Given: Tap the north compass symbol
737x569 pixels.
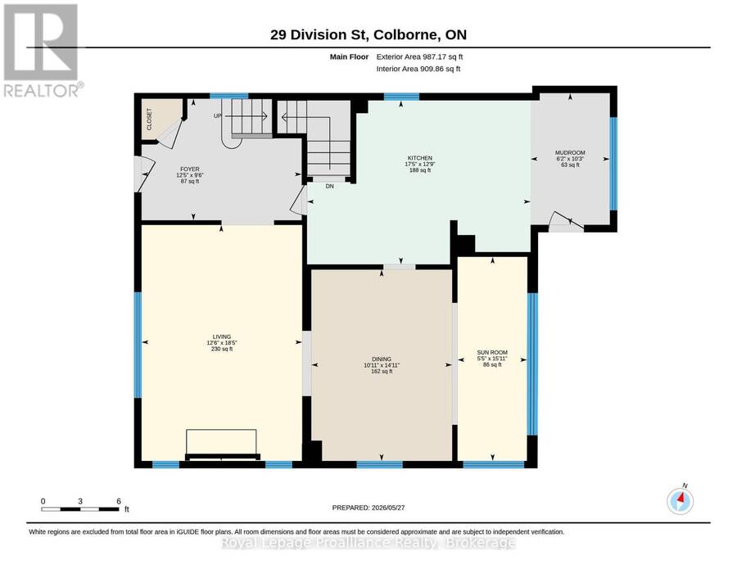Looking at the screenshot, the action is (x=680, y=501).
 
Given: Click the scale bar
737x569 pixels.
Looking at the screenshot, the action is (x=80, y=509).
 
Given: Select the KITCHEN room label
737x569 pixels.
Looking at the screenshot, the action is (x=420, y=158).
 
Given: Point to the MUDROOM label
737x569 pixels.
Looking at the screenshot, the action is (x=570, y=153).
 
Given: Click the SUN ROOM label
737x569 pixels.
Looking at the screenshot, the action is (x=492, y=352).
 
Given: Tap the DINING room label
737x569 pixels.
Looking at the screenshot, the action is (x=381, y=359).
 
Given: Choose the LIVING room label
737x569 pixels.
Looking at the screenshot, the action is (x=222, y=336).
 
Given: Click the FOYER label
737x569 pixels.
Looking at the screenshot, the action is (x=190, y=169).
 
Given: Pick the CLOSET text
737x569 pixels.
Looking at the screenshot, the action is (x=150, y=120).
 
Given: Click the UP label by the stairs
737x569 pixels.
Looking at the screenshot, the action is (x=218, y=115).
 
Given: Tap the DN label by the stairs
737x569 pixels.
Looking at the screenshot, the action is (x=329, y=187).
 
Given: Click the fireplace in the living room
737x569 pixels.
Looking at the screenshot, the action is (x=222, y=444).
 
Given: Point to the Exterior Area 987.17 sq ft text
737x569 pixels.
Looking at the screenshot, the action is (x=419, y=56).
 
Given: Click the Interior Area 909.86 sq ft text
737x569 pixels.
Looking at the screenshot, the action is (x=418, y=69).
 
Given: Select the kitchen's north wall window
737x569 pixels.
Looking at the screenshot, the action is (x=401, y=97).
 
